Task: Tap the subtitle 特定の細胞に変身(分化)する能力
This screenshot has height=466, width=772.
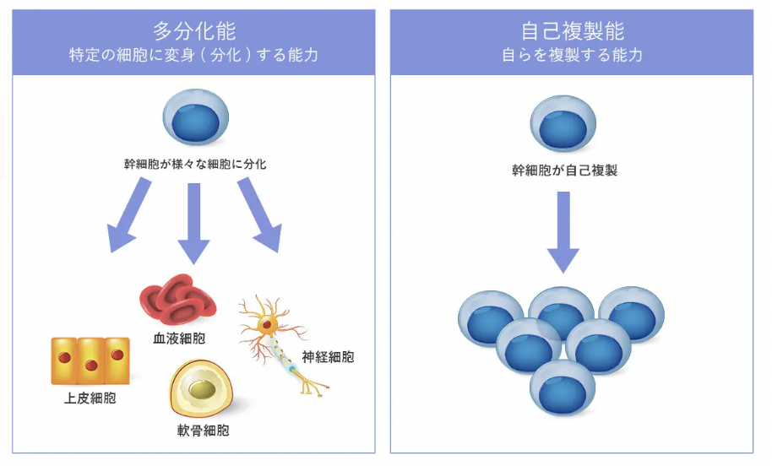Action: (194, 56)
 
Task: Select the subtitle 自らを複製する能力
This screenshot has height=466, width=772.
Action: (573, 56)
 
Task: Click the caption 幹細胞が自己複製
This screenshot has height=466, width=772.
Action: (564, 170)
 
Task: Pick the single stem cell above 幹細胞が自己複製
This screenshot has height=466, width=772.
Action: (563, 124)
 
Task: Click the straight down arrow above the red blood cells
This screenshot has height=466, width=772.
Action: (193, 221)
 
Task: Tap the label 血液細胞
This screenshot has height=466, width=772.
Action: (179, 339)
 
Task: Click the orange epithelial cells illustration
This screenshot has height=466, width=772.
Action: (90, 360)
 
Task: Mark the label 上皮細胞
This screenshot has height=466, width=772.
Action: (90, 398)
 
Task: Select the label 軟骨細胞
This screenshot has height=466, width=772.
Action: (203, 430)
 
